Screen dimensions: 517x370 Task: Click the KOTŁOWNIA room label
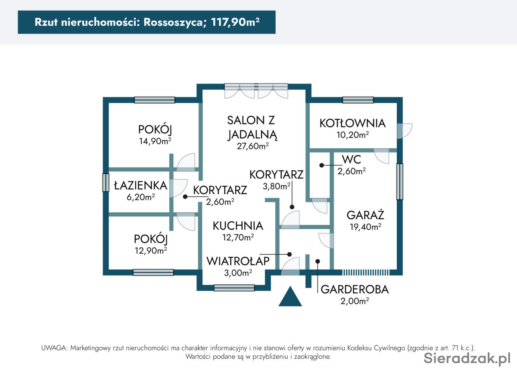click(352, 123)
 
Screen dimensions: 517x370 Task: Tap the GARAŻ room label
click(365, 215)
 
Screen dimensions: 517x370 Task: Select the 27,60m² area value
click(253, 146)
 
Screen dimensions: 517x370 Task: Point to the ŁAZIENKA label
click(140, 185)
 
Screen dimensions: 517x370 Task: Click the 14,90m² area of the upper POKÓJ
click(155, 141)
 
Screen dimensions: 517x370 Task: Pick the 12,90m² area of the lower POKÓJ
click(151, 250)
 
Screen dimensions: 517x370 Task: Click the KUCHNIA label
click(238, 226)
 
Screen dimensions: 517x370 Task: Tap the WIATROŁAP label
click(238, 261)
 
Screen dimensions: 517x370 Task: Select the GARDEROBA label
click(355, 289)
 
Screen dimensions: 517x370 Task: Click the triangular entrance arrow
click(290, 297)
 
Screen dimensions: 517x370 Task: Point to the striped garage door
click(366, 273)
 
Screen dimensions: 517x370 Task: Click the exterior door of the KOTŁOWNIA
click(405, 131)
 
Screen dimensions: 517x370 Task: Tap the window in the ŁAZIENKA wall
click(106, 183)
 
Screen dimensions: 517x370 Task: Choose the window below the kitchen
click(234, 288)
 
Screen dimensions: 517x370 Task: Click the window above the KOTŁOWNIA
click(358, 100)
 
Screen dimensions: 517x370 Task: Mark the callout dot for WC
click(321, 165)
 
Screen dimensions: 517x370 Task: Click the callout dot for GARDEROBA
click(318, 261)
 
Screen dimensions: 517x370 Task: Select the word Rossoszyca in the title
click(173, 22)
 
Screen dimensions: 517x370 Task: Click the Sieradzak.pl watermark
click(467, 358)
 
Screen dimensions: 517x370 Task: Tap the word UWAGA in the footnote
click(54, 348)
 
